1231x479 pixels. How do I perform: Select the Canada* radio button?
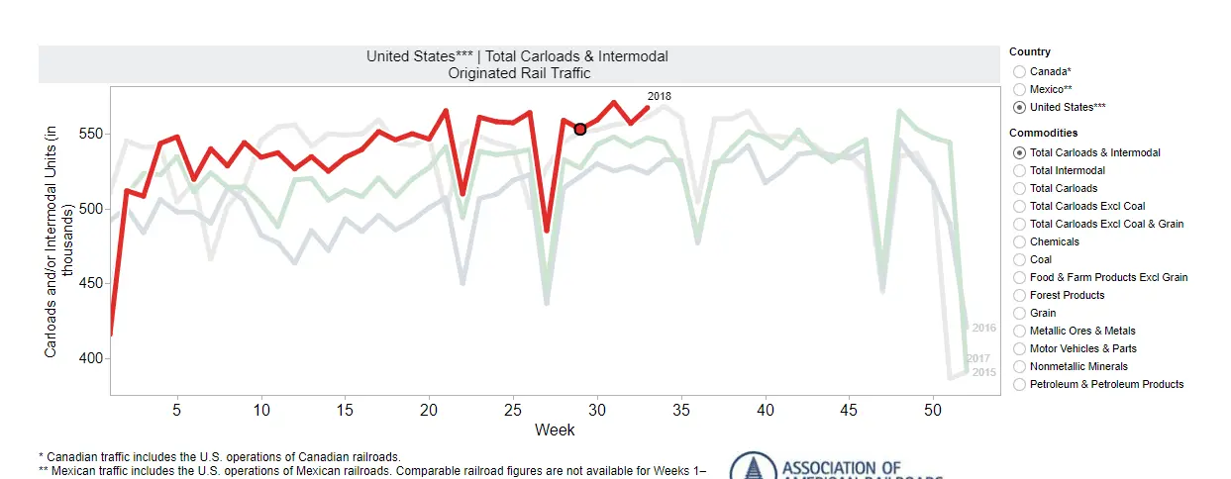[1019, 71]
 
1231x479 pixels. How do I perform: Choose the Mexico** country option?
[1019, 89]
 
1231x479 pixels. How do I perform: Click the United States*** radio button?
[1019, 107]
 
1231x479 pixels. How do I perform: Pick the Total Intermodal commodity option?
[1019, 170]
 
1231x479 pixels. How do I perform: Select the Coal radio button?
[1019, 259]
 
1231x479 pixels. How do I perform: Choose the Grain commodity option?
[1019, 313]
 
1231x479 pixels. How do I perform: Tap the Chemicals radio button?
[1019, 241]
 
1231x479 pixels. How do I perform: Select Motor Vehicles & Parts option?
[1019, 348]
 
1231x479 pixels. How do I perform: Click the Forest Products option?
[1019, 295]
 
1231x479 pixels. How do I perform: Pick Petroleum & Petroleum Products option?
[1019, 384]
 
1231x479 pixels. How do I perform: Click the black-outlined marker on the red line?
[580, 129]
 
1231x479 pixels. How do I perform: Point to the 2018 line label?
[660, 96]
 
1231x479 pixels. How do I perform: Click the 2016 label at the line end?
[983, 328]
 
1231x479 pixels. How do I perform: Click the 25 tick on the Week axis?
[512, 409]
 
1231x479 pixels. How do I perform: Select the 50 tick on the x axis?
[932, 409]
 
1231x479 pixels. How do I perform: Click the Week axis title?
[555, 430]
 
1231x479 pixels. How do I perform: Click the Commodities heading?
[1044, 133]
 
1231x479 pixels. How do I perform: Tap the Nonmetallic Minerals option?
[1019, 366]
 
